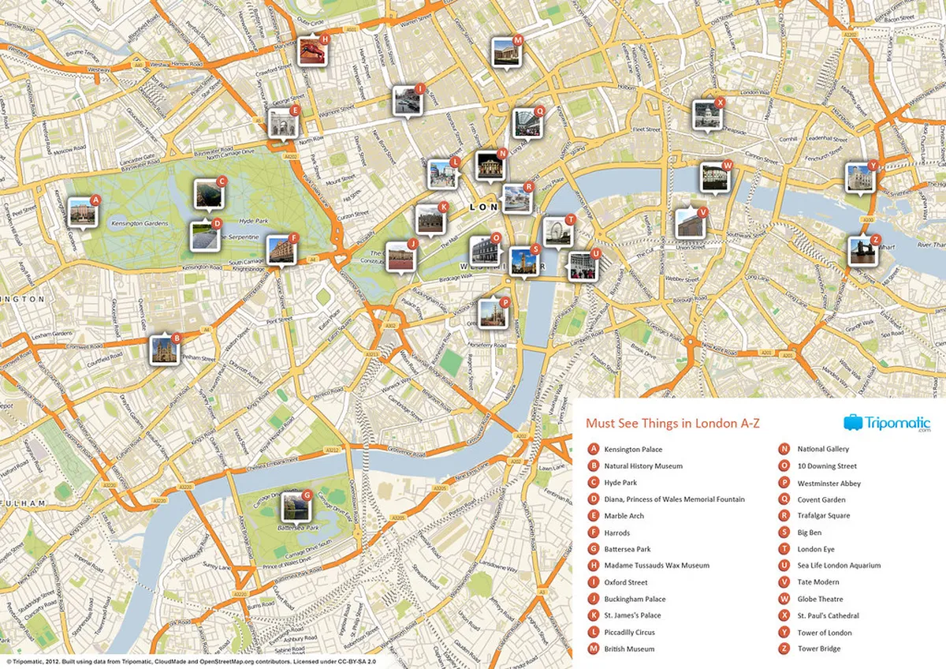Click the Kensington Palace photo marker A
(82, 211)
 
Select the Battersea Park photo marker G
(293, 506)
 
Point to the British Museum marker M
(505, 53)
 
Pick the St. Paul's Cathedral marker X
(706, 114)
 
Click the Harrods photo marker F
(281, 249)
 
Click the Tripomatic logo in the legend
(887, 423)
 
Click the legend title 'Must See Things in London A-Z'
(672, 424)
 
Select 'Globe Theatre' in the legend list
(820, 599)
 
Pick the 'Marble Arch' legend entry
(624, 516)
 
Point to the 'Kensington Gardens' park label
(140, 224)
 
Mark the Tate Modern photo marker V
(690, 223)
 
